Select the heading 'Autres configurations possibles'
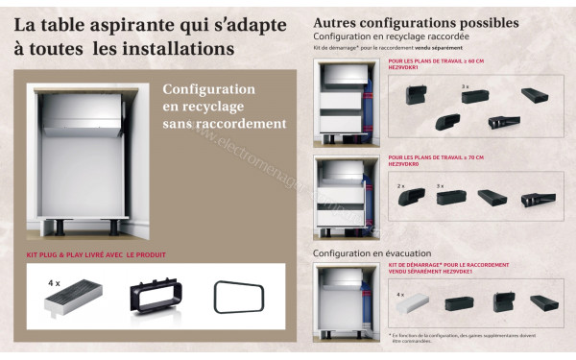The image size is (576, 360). (x=416, y=22)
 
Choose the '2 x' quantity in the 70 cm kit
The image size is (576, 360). (x=399, y=184)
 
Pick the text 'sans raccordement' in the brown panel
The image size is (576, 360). (x=225, y=124)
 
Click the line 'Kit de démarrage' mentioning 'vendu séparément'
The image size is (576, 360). (x=389, y=46)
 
